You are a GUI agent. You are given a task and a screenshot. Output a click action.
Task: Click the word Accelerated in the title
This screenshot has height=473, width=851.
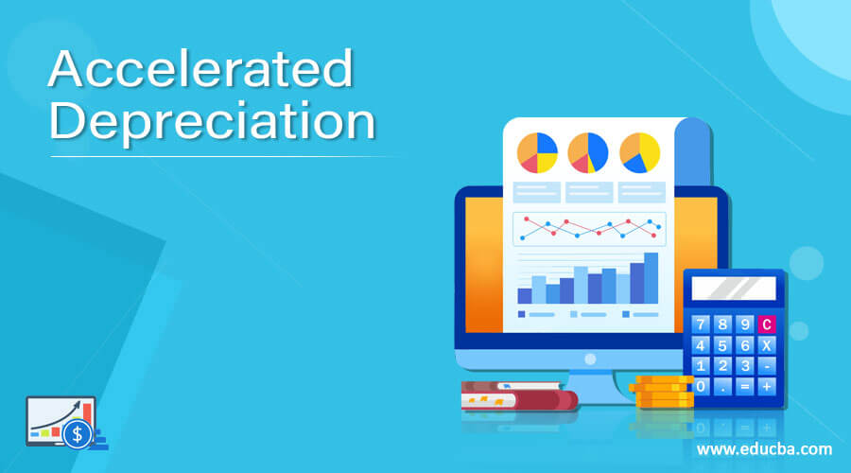[x=200, y=71]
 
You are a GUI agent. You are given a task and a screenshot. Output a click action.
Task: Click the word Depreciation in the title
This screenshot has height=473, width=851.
[x=212, y=123]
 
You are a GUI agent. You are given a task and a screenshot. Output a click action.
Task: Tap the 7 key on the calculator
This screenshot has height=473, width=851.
[x=702, y=324]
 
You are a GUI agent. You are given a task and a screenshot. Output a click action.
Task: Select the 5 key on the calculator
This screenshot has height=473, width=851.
[x=722, y=345]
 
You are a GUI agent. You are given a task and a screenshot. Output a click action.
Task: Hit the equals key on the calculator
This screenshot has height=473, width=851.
[x=744, y=386]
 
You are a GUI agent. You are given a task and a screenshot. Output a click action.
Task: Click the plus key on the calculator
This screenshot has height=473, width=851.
[x=766, y=386]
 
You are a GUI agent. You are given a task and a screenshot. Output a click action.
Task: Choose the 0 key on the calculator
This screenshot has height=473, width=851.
[x=702, y=386]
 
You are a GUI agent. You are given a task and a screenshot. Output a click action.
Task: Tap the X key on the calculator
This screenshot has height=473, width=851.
[x=766, y=345]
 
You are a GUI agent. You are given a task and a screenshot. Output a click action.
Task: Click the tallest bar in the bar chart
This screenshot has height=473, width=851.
[x=651, y=277]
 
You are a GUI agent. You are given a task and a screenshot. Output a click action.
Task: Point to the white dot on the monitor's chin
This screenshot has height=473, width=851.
[x=590, y=359]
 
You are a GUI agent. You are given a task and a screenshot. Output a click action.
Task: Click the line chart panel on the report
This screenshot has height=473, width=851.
[x=589, y=228]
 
